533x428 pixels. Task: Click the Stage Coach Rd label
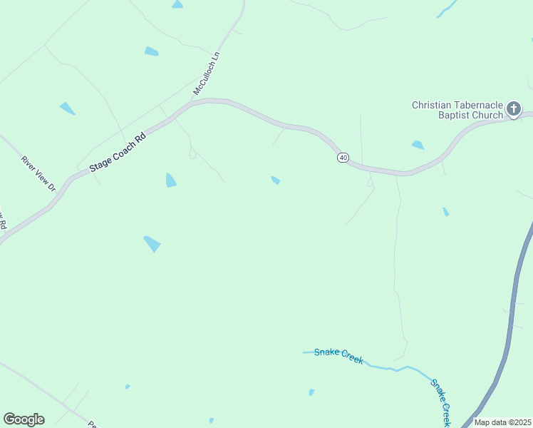[x=117, y=153]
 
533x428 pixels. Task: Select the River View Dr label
[x=38, y=173]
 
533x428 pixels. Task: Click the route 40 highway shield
[x=343, y=157]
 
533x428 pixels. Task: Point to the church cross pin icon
[x=514, y=109]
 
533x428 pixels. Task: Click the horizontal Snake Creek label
[x=338, y=355]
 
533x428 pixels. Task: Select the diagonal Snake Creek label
[x=440, y=401]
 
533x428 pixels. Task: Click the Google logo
[x=24, y=419]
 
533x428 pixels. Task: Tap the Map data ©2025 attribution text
[x=503, y=422]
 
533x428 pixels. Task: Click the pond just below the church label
[x=418, y=146]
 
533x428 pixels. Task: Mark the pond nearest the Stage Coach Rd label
[x=171, y=180]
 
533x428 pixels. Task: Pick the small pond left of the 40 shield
[x=275, y=180]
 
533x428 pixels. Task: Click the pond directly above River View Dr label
[x=68, y=108]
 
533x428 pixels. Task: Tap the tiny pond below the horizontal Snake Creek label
[x=311, y=392]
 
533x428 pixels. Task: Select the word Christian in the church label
[x=432, y=105]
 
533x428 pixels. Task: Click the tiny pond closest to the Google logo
[x=128, y=387]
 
